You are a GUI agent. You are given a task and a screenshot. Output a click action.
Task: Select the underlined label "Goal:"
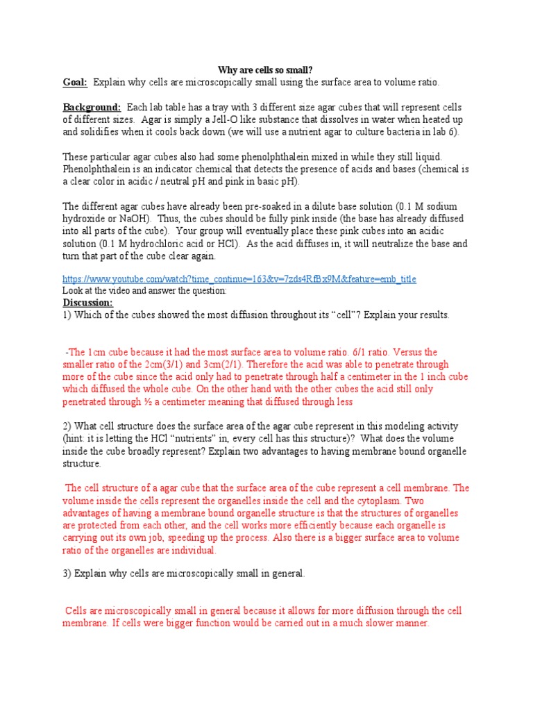[75, 82]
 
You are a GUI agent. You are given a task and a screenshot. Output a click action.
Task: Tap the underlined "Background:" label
[92, 108]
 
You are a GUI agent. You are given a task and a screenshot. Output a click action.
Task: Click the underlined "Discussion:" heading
[88, 303]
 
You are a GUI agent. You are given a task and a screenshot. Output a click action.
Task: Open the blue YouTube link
[239, 278]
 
